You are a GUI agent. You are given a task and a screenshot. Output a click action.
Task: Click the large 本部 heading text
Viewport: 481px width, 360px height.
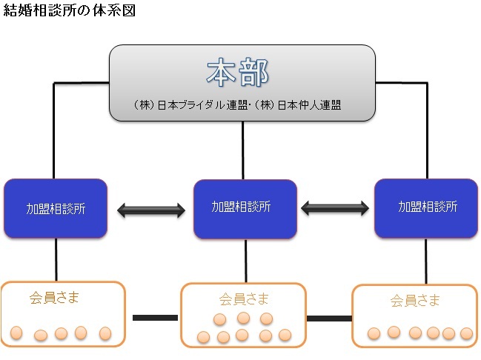tap(236, 73)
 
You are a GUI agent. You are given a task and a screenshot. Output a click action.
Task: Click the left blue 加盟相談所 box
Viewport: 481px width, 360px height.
tap(56, 209)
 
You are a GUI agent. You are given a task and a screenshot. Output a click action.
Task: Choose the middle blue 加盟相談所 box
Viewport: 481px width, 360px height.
tap(245, 208)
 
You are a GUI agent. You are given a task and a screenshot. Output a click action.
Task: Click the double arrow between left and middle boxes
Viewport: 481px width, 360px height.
tap(151, 210)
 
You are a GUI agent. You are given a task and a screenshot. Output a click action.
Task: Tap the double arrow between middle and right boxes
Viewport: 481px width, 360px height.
tap(336, 208)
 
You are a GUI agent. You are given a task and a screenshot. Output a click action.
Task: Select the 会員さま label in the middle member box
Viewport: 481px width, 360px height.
tap(245, 299)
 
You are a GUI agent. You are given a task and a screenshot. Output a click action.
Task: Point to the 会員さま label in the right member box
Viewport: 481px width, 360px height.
tap(415, 301)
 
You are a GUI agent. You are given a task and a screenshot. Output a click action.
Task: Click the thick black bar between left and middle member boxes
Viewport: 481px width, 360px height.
tap(154, 319)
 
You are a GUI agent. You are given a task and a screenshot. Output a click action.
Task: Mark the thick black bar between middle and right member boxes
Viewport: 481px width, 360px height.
tap(329, 319)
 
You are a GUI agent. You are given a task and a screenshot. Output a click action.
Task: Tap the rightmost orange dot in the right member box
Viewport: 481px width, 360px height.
tap(466, 333)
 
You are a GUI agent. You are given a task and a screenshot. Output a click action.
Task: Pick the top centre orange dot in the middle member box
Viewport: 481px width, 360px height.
tap(243, 318)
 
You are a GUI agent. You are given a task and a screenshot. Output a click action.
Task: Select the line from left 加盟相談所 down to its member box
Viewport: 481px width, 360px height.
tap(56, 259)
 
